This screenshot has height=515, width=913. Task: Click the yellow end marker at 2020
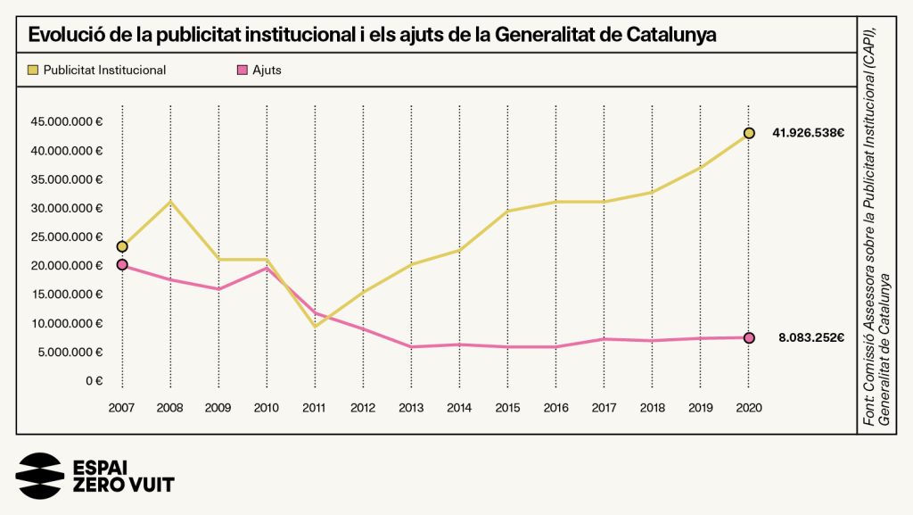point(749,133)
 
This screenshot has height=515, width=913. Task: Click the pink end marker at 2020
point(749,337)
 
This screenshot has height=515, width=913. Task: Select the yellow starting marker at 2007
point(122,246)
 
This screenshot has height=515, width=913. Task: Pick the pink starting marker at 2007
point(122,265)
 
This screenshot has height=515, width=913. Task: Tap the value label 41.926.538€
point(809,133)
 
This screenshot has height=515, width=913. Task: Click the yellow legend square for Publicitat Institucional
point(33,70)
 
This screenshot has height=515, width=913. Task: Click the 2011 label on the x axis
point(315,407)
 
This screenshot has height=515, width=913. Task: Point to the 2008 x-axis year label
point(170,407)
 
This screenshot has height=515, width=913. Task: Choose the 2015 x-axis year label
point(507,407)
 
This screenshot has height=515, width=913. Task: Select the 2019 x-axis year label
point(701,407)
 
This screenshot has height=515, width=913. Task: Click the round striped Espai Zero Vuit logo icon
point(40,476)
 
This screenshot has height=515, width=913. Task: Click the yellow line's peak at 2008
point(170,202)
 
